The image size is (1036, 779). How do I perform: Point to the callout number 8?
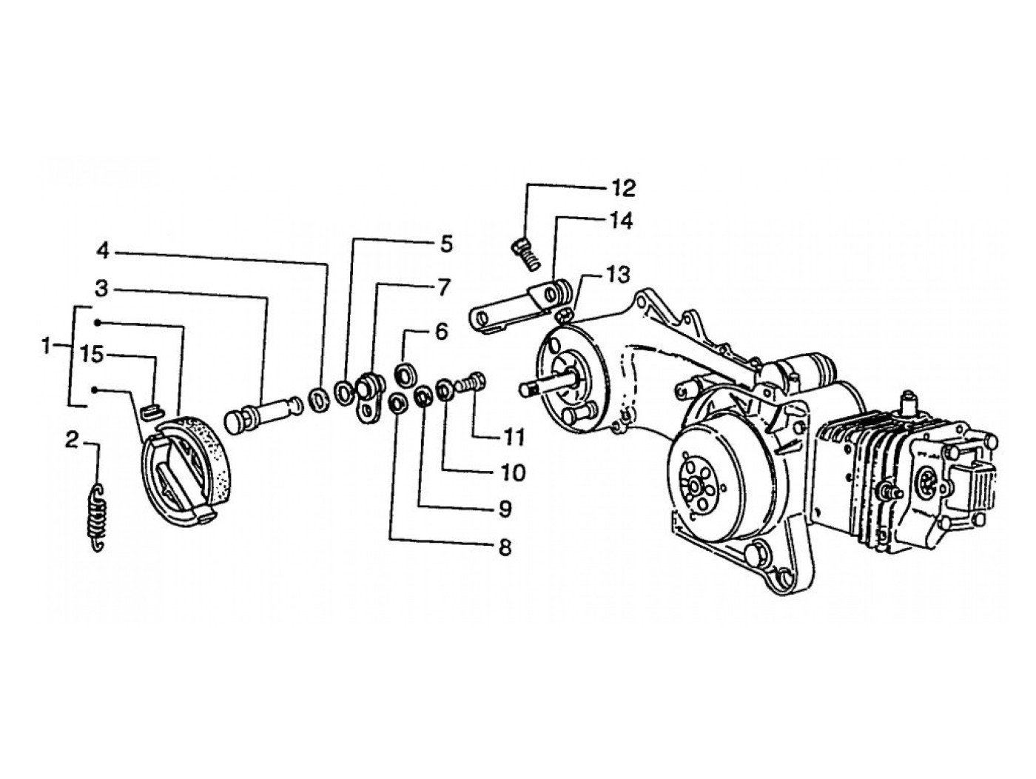tap(505, 548)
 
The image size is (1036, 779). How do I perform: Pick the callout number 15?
tap(92, 355)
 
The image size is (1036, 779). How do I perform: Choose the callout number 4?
tap(103, 251)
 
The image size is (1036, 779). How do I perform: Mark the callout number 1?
tap(47, 347)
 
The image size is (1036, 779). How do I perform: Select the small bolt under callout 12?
tap(525, 255)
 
